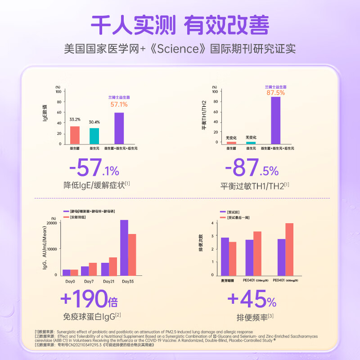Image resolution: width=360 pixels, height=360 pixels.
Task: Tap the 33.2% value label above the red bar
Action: [75, 120]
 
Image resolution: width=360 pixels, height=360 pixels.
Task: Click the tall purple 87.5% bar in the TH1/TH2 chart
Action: [275, 120]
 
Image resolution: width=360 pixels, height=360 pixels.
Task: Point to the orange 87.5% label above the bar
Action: [275, 92]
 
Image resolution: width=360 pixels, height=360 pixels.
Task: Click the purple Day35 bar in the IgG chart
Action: [124, 247]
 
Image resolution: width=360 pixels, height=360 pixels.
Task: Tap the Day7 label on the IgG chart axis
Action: [89, 281]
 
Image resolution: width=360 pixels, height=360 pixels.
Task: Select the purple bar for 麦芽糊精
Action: [225, 256]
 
